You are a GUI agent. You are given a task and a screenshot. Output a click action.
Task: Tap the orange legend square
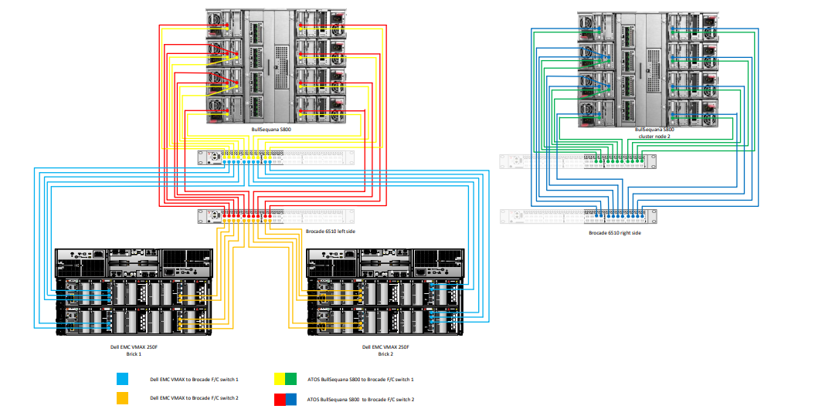point(122,399)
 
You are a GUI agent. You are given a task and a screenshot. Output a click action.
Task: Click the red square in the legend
point(280,399)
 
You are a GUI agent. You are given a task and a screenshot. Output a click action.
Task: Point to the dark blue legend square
point(291,399)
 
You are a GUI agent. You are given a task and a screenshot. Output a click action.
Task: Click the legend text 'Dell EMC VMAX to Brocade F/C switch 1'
point(194,380)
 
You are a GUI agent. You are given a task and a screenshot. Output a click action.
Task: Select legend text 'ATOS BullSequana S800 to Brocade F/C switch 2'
point(361,400)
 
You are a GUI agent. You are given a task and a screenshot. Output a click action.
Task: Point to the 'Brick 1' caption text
point(134,353)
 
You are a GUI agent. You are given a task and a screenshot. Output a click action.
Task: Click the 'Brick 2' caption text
point(385,353)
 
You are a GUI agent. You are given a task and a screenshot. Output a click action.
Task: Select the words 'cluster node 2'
point(654,137)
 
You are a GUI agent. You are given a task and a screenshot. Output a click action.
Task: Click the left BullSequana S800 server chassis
point(276,66)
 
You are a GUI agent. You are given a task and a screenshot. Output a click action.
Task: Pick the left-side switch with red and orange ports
point(276,216)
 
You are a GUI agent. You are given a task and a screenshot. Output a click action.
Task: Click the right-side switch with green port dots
point(579,161)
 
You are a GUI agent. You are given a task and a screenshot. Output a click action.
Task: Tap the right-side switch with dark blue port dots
point(579,216)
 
